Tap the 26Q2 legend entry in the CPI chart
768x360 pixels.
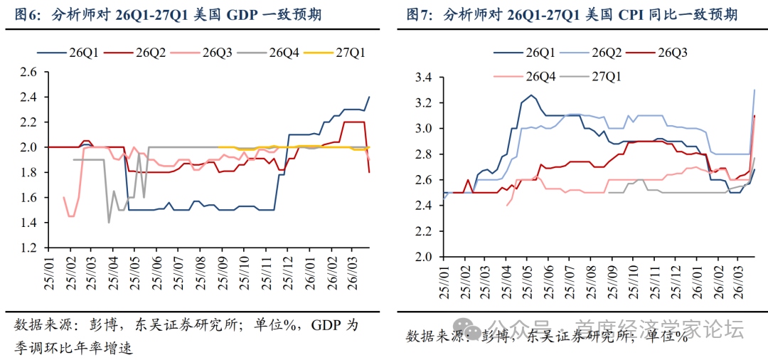606,51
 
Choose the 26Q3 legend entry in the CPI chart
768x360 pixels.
672,51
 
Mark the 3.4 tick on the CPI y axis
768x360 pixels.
425,78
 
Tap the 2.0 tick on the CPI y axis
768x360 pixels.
425,256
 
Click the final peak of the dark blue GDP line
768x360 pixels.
369,97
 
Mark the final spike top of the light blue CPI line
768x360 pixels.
754,90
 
